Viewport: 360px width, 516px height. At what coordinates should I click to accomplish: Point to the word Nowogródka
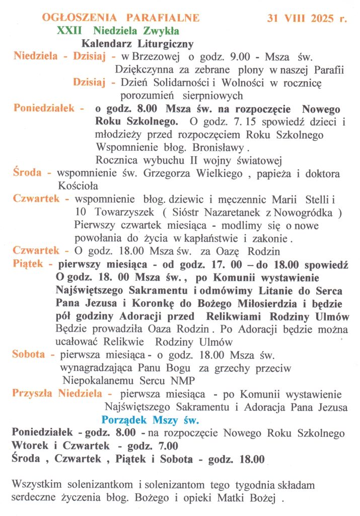(x=310, y=212)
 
